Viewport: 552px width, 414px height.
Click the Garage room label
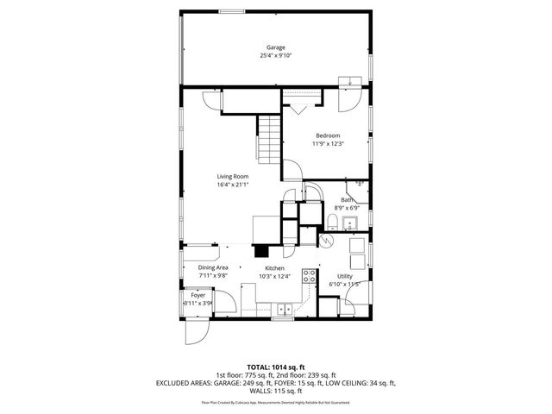pos(275,47)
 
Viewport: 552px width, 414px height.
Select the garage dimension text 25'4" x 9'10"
pos(275,55)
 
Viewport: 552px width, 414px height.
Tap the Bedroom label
pos(327,135)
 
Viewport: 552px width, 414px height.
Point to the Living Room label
pos(232,176)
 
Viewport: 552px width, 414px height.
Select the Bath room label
pos(346,200)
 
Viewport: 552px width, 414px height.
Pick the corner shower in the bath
pos(358,188)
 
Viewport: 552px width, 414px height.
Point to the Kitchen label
pos(275,268)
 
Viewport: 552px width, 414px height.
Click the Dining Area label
pos(213,268)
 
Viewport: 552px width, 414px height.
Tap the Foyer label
pos(198,295)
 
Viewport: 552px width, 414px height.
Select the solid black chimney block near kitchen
pos(260,251)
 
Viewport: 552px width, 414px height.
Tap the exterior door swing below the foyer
pos(196,332)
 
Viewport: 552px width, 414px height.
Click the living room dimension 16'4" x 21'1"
pos(232,184)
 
